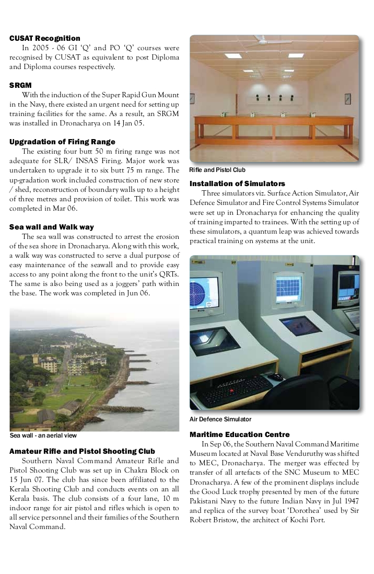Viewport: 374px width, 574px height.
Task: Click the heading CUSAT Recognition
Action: pyautogui.click(x=45, y=38)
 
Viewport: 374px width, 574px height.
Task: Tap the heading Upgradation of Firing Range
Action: pyautogui.click(x=62, y=142)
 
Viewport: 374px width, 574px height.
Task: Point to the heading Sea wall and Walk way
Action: pyautogui.click(x=52, y=227)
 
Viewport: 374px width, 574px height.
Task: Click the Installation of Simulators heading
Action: pyautogui.click(x=237, y=183)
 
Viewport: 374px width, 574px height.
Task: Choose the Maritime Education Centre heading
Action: pyautogui.click(x=240, y=434)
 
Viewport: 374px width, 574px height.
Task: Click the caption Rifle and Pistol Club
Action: pyautogui.click(x=217, y=170)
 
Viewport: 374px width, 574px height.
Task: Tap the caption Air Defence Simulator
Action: pyautogui.click(x=220, y=419)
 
